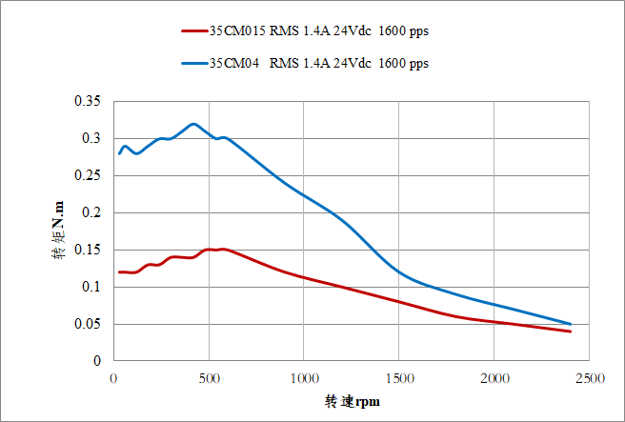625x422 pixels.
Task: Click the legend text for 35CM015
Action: [x=318, y=30]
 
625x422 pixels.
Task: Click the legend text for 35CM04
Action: [x=318, y=64]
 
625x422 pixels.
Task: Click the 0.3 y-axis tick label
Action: [x=91, y=138]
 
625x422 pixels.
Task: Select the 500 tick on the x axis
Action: [x=209, y=378]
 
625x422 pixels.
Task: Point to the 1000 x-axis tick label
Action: [x=304, y=378]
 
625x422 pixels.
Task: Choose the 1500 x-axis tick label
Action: [x=399, y=378]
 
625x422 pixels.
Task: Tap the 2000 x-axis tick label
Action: [x=494, y=378]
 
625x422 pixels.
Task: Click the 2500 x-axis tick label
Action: [x=590, y=378]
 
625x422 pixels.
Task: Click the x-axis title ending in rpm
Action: [x=353, y=402]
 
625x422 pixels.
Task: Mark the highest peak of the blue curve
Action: [x=193, y=123]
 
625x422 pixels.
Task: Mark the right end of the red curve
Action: [x=571, y=332]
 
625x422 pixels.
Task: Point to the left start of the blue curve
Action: [x=119, y=153]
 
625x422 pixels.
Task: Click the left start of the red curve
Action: [x=119, y=271]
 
